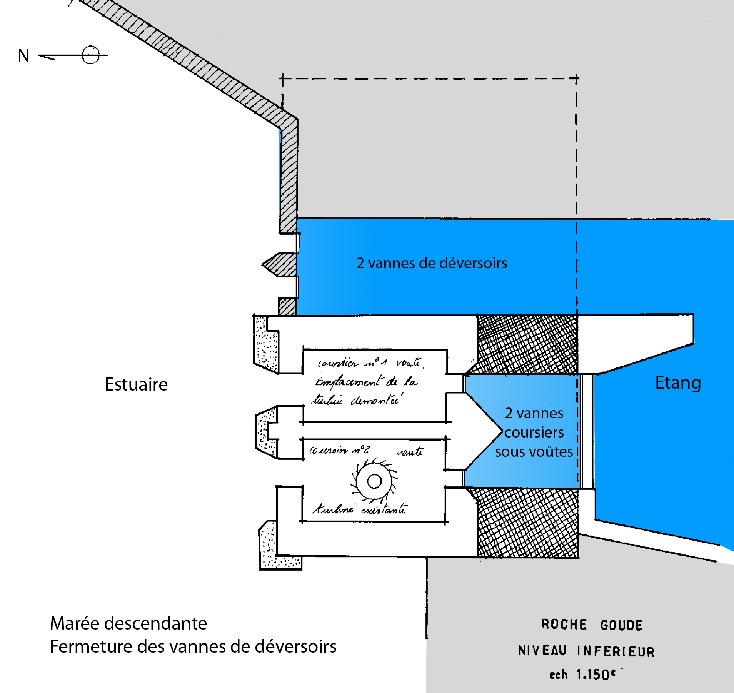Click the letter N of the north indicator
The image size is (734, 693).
[23, 56]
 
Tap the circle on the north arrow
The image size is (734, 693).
[91, 55]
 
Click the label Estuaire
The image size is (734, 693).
[136, 384]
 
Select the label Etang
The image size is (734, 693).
[678, 383]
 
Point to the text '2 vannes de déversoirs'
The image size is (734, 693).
[432, 263]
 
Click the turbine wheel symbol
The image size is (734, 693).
[374, 481]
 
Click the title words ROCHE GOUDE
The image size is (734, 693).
[592, 625]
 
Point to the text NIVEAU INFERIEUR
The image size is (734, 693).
[586, 651]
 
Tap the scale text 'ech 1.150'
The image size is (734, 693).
[582, 675]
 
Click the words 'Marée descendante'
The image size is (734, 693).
[128, 623]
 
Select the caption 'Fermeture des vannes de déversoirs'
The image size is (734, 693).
[193, 646]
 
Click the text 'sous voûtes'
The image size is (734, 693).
[534, 452]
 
